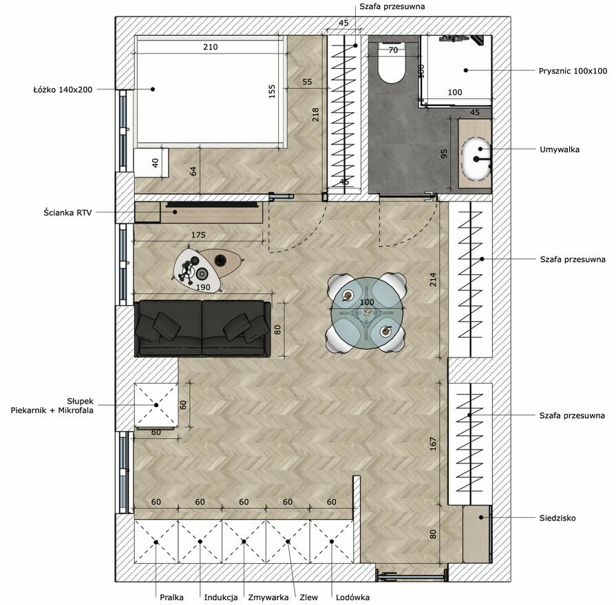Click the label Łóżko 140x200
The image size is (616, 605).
pyautogui.click(x=63, y=89)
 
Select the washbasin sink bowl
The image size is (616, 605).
pyautogui.click(x=476, y=159)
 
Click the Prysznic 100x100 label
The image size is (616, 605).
pyautogui.click(x=573, y=71)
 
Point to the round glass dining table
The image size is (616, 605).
pyautogui.click(x=367, y=312)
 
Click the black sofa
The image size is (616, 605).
pyautogui.click(x=203, y=329)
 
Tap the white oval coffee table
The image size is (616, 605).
pyautogui.click(x=195, y=269)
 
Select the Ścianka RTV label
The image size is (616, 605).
pyautogui.click(x=67, y=212)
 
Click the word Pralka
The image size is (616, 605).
pyautogui.click(x=171, y=597)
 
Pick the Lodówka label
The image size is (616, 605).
pyautogui.click(x=352, y=597)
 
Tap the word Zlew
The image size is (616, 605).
pyautogui.click(x=308, y=597)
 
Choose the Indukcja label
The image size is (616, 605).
pyautogui.click(x=221, y=597)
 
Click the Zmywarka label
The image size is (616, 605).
pyautogui.click(x=268, y=597)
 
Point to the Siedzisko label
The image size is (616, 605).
pyautogui.click(x=557, y=518)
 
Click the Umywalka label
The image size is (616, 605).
pyautogui.click(x=560, y=149)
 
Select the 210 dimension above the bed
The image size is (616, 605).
pyautogui.click(x=210, y=47)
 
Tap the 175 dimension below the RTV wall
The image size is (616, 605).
pyautogui.click(x=198, y=235)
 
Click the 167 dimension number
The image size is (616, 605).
pyautogui.click(x=433, y=443)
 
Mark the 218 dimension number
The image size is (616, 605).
pyautogui.click(x=315, y=115)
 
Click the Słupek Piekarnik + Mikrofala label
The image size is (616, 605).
pyautogui.click(x=52, y=406)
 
